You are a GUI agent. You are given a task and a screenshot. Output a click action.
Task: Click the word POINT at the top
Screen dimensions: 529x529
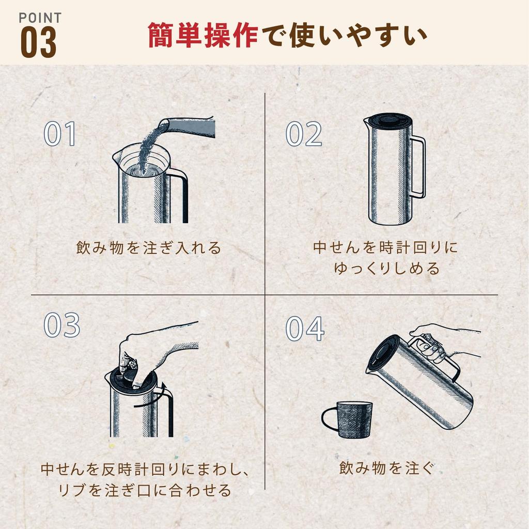[x=40, y=18]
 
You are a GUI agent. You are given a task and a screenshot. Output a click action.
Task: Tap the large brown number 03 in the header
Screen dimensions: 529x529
[x=38, y=43]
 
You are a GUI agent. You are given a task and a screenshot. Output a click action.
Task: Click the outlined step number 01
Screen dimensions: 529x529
[x=59, y=134]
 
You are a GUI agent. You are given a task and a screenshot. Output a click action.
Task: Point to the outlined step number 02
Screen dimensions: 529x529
[x=304, y=134]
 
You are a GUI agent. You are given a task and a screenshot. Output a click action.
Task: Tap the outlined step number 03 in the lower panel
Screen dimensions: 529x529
[x=62, y=325]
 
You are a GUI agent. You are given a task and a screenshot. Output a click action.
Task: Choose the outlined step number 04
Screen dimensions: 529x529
[x=305, y=329]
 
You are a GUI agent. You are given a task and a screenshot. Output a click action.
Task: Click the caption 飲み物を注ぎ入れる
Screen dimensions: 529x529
[x=148, y=248]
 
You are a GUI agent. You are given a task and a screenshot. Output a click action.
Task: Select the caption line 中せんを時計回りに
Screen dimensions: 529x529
[x=385, y=247]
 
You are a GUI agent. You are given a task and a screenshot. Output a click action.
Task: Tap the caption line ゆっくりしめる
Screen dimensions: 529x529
[x=386, y=269]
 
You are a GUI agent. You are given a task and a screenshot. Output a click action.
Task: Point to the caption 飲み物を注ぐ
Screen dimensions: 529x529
[x=386, y=468]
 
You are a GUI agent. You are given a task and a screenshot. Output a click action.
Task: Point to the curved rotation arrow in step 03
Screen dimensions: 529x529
[x=155, y=395]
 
